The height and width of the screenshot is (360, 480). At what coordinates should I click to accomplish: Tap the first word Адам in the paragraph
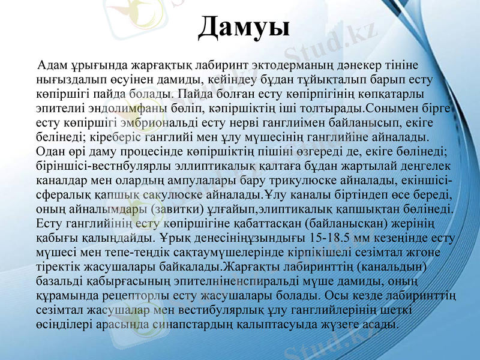point(50,65)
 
